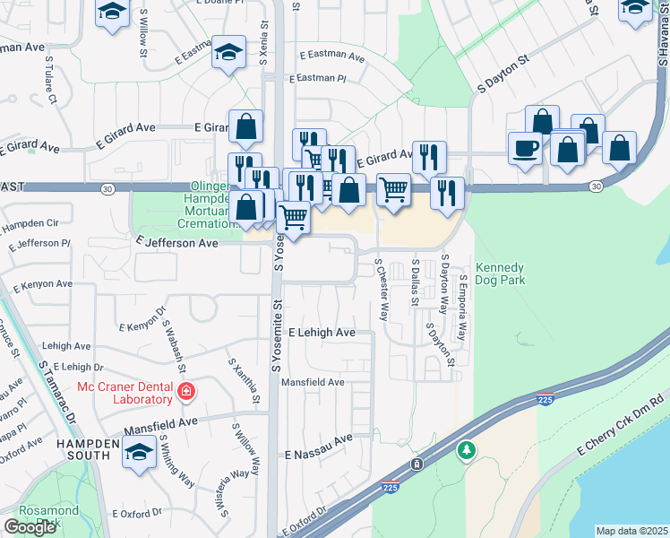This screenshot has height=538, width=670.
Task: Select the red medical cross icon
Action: click(186, 391)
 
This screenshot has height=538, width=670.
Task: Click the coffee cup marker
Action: click(525, 148)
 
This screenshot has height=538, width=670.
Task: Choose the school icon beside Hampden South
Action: click(139, 454)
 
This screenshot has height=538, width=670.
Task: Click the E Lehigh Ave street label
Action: click(321, 333)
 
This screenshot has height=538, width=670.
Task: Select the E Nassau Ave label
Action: click(319, 447)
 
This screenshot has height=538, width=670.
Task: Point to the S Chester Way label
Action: click(382, 290)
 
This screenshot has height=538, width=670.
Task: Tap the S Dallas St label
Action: click(415, 282)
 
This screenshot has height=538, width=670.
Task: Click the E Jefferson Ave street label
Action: click(177, 243)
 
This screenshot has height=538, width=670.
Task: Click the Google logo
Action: click(30, 527)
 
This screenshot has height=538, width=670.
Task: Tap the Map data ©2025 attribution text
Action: click(631, 531)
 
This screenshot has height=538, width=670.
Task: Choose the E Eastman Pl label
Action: click(316, 79)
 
